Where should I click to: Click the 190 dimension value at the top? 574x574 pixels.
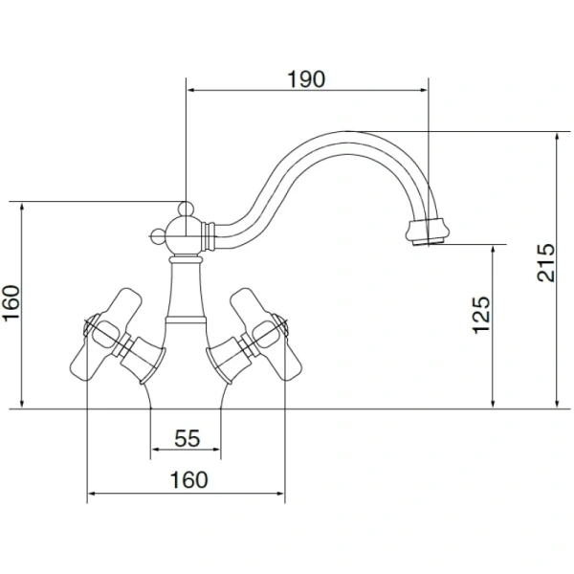coord(306,79)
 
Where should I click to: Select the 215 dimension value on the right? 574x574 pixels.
coord(546,260)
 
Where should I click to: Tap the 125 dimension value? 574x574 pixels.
coord(481,314)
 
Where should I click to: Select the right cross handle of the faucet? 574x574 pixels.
coord(271,334)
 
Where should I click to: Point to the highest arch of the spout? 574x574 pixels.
coord(354,134)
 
